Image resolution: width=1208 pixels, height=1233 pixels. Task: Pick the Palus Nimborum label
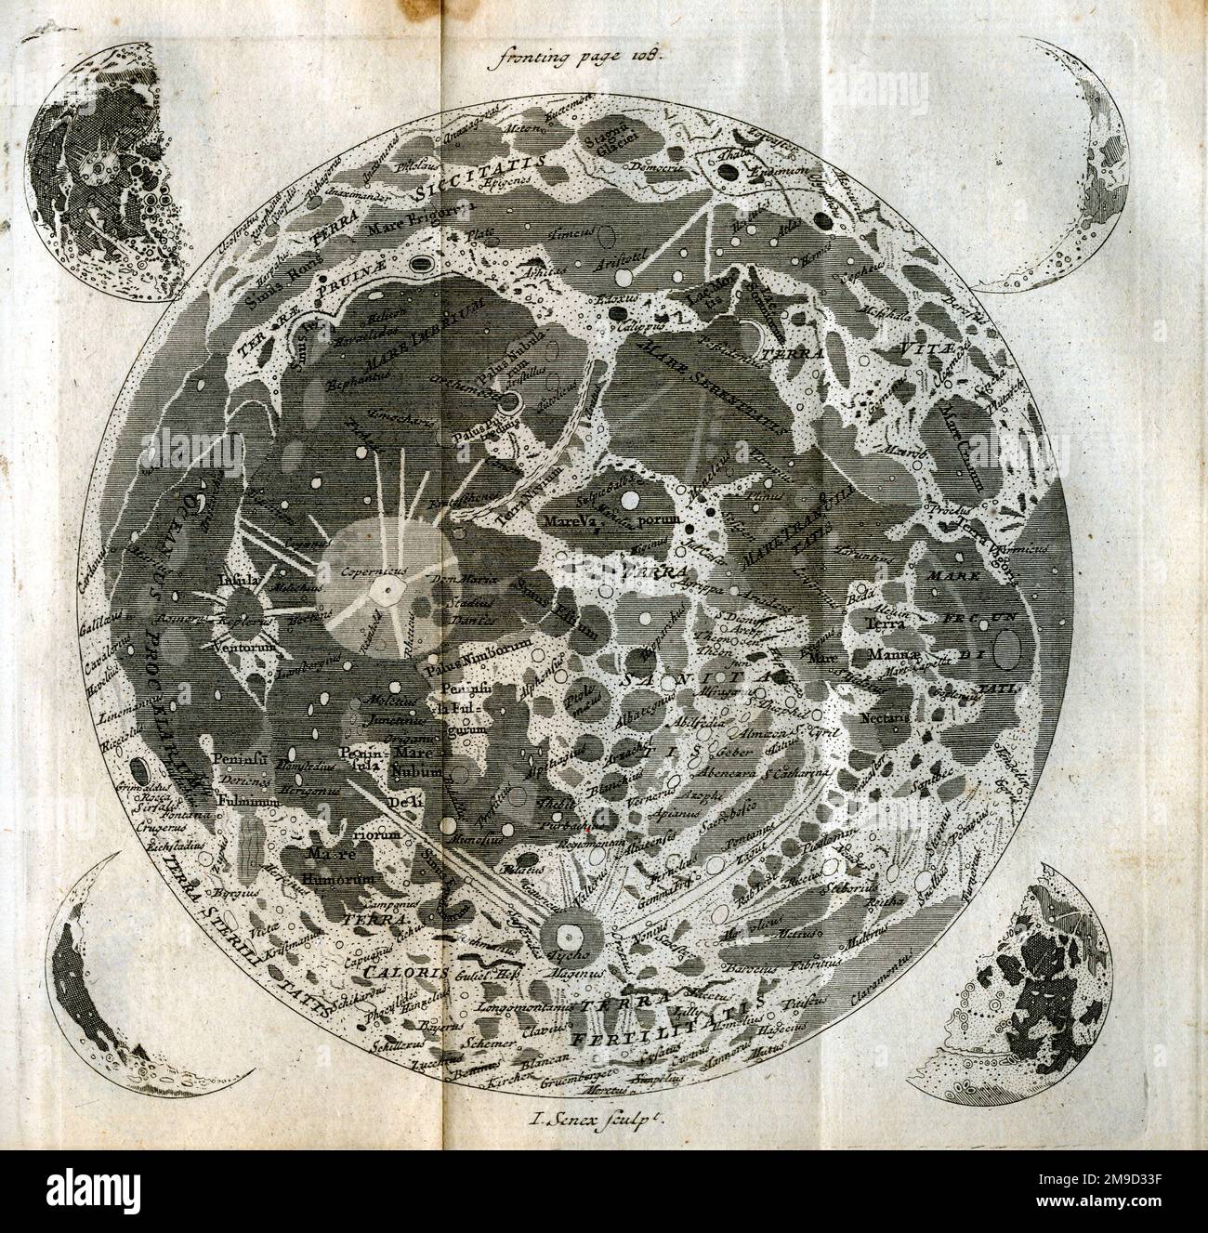click(x=478, y=642)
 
